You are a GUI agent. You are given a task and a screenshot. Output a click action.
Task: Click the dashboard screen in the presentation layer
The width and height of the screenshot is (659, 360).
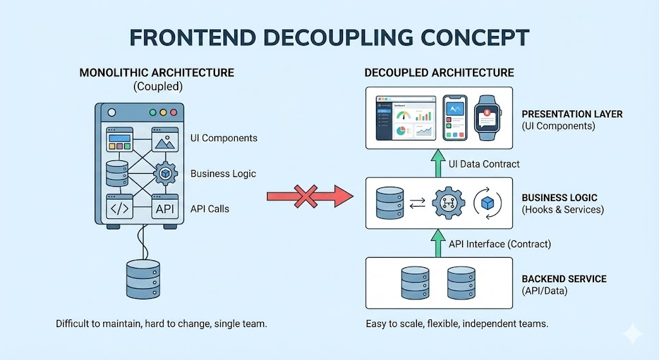coord(405,117)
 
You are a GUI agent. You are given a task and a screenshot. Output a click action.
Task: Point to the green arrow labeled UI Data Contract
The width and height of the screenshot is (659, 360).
coord(438,164)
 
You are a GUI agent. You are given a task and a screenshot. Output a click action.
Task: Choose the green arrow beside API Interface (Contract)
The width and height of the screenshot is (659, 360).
coord(438,243)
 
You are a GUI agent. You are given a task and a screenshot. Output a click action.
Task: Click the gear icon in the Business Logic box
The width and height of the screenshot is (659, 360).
coord(449,203)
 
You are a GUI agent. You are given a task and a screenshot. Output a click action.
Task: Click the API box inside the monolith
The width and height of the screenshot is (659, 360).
coord(165,208)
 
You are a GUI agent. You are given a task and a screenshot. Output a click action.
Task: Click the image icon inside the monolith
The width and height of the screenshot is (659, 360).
coord(165,139)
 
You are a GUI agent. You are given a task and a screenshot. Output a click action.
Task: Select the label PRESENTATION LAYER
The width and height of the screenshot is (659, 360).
coord(572,114)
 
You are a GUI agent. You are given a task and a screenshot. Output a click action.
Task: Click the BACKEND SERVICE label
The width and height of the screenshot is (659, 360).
coord(564,279)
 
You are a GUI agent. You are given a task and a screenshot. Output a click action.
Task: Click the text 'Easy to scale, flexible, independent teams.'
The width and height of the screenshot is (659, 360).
coord(457,323)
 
